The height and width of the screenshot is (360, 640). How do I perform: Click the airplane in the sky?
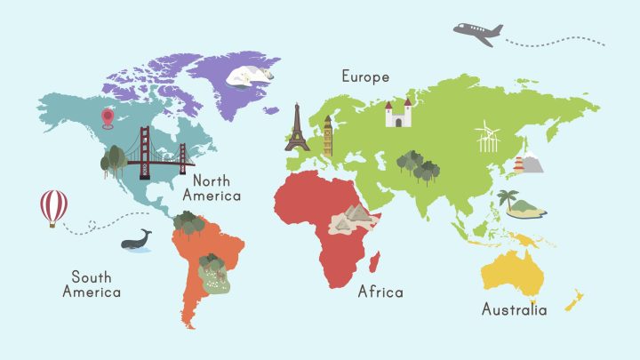tap(478, 33)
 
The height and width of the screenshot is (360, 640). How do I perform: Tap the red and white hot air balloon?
tap(53, 207)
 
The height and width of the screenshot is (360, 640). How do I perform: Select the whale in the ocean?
tap(137, 240)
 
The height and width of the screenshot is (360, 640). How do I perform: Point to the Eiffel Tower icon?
tap(296, 129)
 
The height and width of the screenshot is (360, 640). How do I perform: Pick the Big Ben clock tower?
tap(328, 135)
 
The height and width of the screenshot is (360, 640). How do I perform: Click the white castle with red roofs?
tap(398, 113)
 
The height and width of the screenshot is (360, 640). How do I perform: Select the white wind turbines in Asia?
tap(488, 138)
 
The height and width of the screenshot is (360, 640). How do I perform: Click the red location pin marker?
tap(108, 117)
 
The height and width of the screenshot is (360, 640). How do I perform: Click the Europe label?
tap(365, 77)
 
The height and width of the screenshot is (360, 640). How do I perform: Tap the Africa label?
tap(380, 292)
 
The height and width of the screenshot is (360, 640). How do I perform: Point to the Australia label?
tap(514, 310)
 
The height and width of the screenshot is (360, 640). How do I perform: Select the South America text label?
tap(92, 284)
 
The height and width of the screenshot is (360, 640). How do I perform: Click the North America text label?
tap(212, 188)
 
